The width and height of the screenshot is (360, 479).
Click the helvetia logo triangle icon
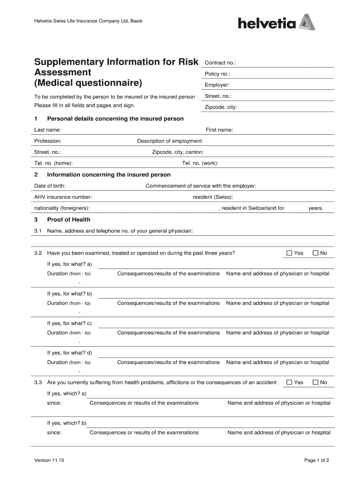pos(307,22)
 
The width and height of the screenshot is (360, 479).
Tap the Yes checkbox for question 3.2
pos(289,253)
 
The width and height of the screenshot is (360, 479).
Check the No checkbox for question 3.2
pos(315,253)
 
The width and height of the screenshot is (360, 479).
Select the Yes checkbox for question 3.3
pos(289,382)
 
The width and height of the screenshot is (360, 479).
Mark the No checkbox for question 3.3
pos(315,382)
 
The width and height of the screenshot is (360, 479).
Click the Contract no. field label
pos(221,63)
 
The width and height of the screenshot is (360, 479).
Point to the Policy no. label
pos(217,74)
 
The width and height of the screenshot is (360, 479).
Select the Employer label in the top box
pos(217,85)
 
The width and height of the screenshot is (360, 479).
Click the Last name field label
pos(48,130)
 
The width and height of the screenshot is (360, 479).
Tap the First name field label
pos(219,130)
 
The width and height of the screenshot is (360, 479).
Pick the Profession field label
pos(48,141)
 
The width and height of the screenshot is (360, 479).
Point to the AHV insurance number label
pos(63,197)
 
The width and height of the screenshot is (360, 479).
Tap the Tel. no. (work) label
pos(200,163)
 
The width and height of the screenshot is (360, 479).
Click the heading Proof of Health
pos(69,219)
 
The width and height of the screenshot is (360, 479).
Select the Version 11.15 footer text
pos(49,460)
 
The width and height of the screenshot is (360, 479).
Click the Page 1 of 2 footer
pos(317,460)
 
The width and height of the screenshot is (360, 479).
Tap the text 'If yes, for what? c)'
pos(69,323)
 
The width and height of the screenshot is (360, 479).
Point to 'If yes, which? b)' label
pos(67,423)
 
